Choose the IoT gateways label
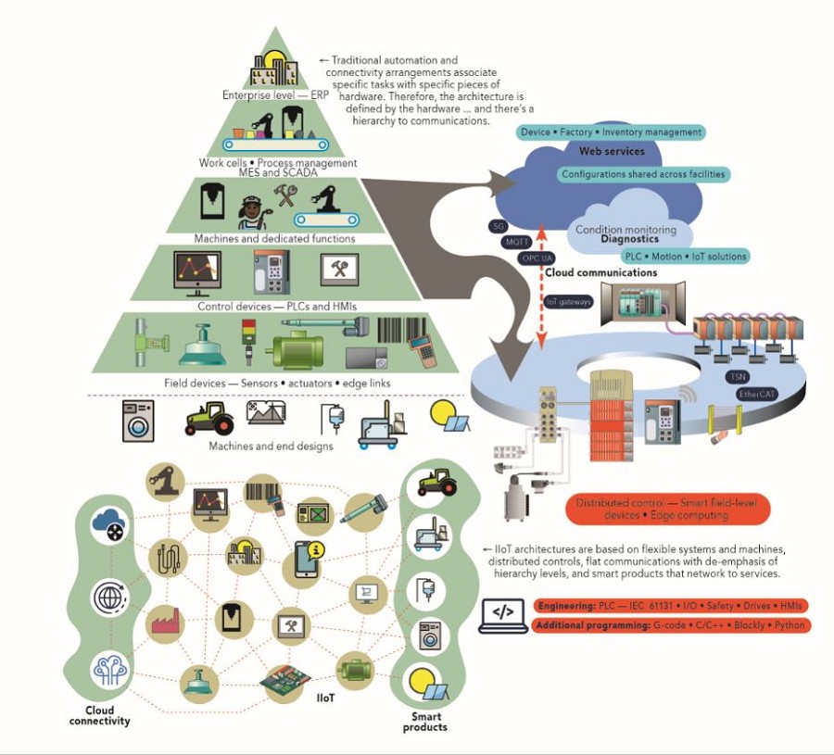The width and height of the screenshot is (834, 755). click(x=568, y=301)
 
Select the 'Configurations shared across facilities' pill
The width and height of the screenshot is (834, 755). click(x=644, y=174)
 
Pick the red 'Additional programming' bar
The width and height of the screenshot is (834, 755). click(x=671, y=625)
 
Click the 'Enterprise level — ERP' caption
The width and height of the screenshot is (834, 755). click(x=270, y=94)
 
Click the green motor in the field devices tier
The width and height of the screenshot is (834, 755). click(x=297, y=352)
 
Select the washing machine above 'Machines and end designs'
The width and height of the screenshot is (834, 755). click(x=139, y=421)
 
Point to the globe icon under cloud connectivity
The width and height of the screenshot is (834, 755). click(x=109, y=598)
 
